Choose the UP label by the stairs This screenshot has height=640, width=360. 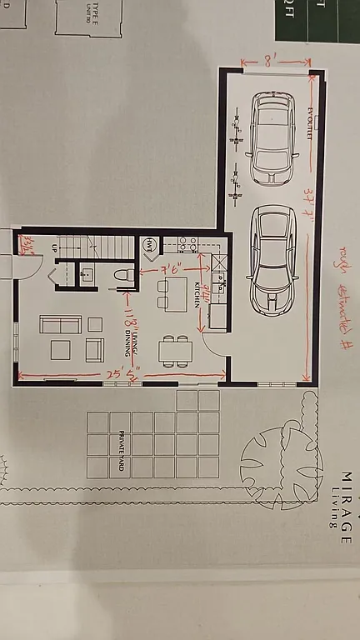55,248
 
